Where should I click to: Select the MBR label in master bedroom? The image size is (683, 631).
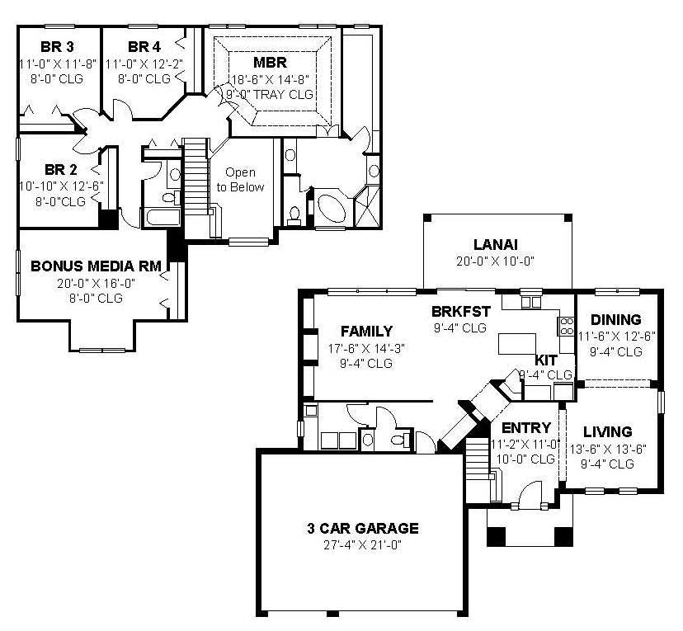[270, 62]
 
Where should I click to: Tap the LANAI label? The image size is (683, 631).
[495, 244]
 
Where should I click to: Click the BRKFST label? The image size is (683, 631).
[461, 311]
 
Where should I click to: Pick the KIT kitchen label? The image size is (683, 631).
[546, 360]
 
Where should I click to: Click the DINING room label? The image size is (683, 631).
[615, 320]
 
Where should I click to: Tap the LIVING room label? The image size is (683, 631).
[607, 431]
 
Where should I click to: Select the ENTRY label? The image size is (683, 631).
[525, 427]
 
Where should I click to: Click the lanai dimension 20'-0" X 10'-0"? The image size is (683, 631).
[495, 261]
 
